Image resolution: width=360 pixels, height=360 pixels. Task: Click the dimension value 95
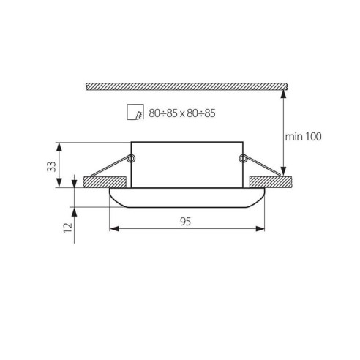[x=185, y=222]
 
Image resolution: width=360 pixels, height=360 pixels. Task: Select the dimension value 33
[x=51, y=167]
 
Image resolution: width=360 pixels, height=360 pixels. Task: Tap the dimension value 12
[x=68, y=228]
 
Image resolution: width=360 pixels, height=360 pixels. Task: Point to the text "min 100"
[x=303, y=137]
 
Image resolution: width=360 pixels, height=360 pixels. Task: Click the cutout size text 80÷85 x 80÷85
[x=182, y=113]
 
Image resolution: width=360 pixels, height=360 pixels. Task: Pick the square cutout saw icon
[x=135, y=112]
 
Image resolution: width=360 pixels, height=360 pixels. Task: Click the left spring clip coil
[x=131, y=159]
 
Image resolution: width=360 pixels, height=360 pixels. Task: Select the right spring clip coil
[x=242, y=159]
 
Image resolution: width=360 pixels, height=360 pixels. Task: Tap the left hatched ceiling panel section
[x=105, y=182]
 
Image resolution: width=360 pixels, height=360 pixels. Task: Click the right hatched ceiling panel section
[x=271, y=182]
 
